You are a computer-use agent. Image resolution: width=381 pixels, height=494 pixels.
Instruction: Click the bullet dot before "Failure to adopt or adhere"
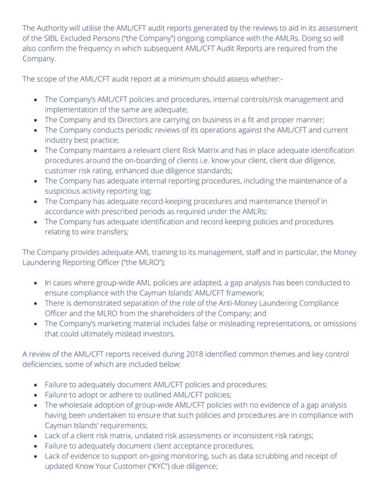[x=37, y=395]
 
